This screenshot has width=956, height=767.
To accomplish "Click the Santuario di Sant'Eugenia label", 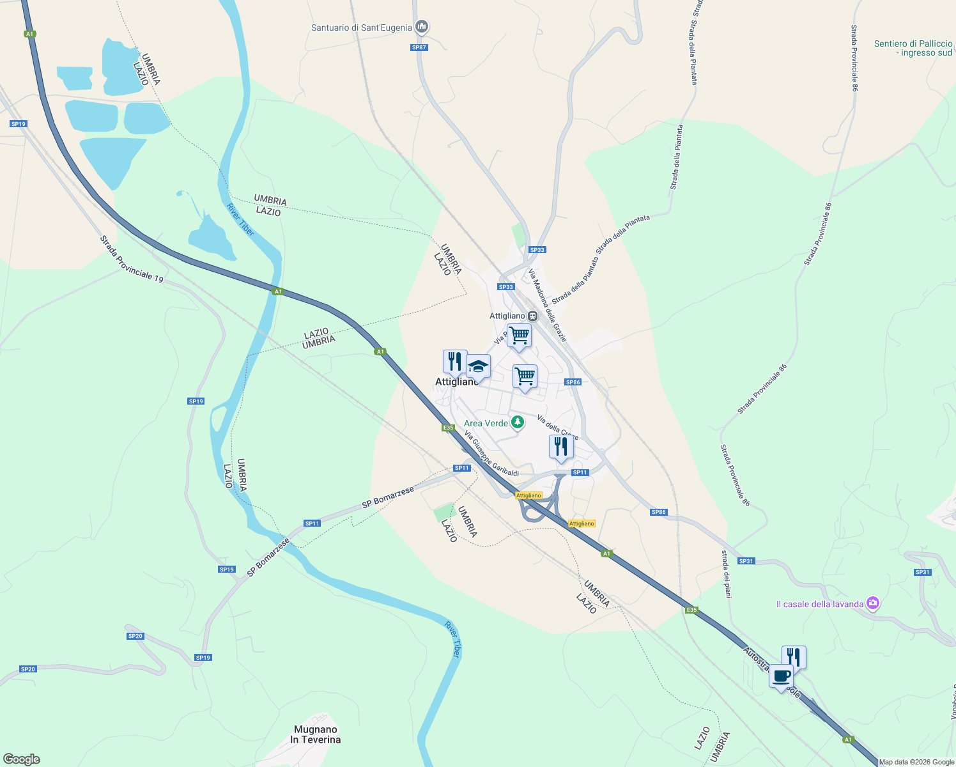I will click(361, 27).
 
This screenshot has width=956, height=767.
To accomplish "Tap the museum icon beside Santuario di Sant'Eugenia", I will click(421, 27).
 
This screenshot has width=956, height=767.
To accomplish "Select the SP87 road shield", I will click(419, 47).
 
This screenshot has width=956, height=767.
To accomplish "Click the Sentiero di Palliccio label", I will click(913, 48).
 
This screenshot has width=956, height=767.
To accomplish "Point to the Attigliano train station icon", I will click(532, 316).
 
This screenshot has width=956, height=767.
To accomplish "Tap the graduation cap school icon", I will click(478, 367).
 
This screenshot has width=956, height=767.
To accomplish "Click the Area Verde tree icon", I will click(518, 422).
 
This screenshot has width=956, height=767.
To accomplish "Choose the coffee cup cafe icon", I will click(781, 676).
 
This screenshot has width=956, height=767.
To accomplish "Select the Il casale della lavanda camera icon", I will click(873, 603).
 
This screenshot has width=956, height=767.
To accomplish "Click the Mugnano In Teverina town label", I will click(316, 734).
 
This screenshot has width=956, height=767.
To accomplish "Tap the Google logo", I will click(21, 759).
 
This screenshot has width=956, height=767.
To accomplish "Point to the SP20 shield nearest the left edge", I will click(27, 669).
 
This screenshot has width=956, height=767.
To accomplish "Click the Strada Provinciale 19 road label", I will click(132, 259).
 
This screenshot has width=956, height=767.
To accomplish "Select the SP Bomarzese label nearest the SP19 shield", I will click(268, 557).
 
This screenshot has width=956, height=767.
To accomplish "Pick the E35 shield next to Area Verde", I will click(448, 428).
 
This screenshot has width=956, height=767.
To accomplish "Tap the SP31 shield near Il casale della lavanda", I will click(921, 572).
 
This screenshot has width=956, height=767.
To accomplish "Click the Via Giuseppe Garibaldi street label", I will click(491, 454).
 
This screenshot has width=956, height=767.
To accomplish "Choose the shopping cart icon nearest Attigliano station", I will click(519, 335).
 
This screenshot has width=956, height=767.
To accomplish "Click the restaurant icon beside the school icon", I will click(454, 362).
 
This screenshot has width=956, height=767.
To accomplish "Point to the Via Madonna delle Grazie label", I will click(547, 305).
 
